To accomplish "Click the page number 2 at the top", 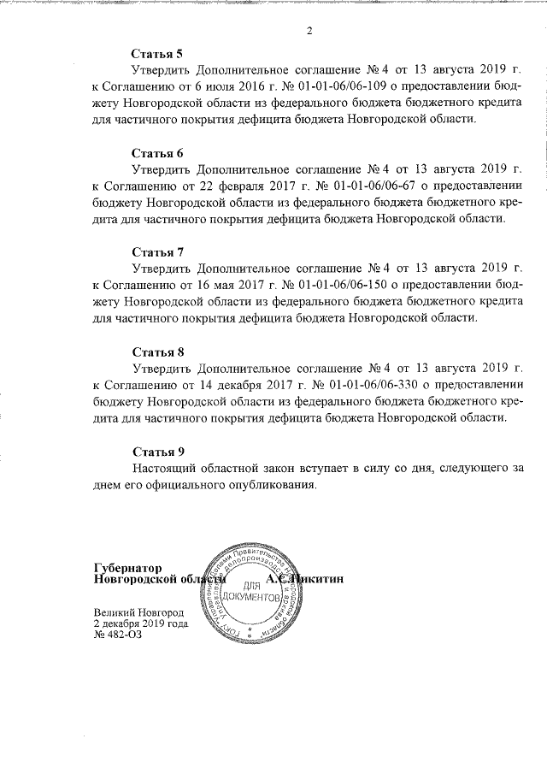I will pyautogui.click(x=309, y=32).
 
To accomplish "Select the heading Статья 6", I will pyautogui.click(x=158, y=154).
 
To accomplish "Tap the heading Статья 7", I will pyautogui.click(x=158, y=252).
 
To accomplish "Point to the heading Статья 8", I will pyautogui.click(x=158, y=352).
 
